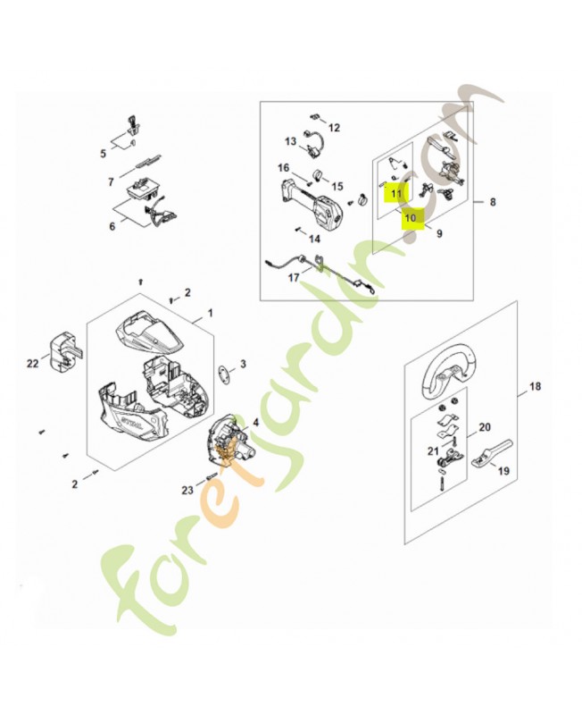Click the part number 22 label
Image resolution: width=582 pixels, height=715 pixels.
(33, 363)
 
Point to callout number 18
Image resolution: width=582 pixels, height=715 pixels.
(536, 386)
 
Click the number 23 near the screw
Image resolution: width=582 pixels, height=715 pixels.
(187, 489)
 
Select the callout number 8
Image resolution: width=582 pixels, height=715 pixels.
(492, 203)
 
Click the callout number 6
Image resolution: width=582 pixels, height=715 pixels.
(112, 226)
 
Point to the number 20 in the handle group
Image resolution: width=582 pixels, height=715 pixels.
(486, 426)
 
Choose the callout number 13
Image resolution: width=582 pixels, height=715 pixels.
(291, 141)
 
